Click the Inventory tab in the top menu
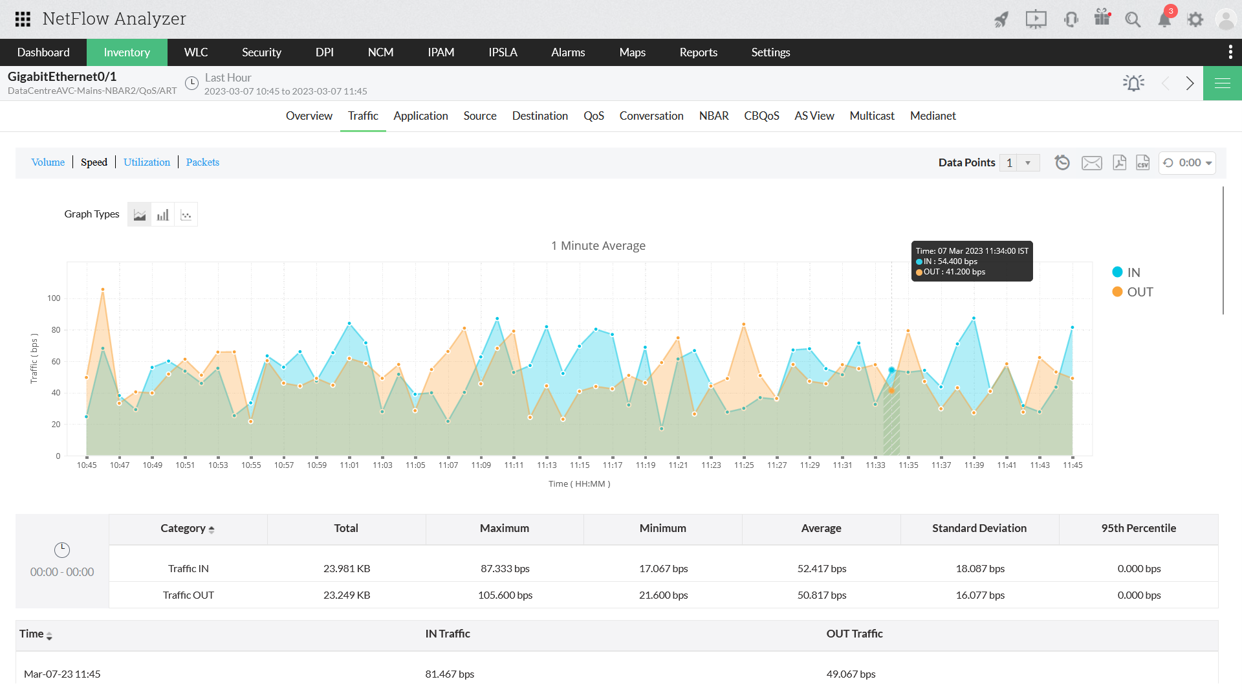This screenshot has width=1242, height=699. (127, 52)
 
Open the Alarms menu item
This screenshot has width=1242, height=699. (567, 52)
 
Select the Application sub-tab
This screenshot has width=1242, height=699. (420, 116)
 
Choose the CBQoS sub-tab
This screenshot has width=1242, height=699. (761, 116)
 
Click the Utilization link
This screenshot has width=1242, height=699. (147, 162)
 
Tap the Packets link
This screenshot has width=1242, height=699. (202, 162)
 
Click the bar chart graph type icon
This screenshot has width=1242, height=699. (162, 215)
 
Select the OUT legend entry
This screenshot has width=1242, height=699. (1139, 292)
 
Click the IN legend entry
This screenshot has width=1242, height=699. (1133, 272)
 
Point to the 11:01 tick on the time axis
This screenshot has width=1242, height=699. (349, 465)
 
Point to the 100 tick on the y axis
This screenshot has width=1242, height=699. (54, 298)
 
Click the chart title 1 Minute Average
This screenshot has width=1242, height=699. (598, 246)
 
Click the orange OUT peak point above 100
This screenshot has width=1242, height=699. (103, 289)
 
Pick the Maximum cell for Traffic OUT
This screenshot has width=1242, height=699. (505, 595)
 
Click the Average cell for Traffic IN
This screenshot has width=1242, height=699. (821, 569)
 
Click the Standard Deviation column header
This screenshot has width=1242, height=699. (979, 528)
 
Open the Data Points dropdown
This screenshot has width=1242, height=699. (1027, 163)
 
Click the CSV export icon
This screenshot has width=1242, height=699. (1142, 162)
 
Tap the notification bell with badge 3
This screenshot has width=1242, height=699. (1164, 19)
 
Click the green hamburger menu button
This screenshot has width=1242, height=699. (1222, 83)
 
